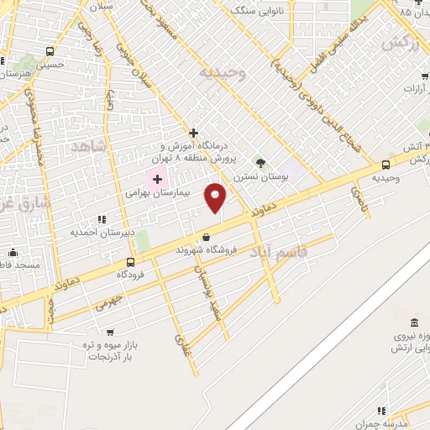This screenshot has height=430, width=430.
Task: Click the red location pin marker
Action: pos(216,197)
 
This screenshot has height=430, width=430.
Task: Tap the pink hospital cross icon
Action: pos(157,178)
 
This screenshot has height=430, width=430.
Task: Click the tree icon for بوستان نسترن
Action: pos(260,162)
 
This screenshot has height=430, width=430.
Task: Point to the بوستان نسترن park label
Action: pos(260,176)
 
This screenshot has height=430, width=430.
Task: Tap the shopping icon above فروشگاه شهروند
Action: pos(206,238)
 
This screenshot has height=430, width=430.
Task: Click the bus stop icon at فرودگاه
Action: pos(128,262)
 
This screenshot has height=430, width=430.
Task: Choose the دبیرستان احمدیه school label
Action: pos(98,230)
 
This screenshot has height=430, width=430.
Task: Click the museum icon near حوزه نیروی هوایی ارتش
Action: pos(413,324)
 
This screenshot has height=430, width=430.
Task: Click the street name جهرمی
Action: pos(107,305)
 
